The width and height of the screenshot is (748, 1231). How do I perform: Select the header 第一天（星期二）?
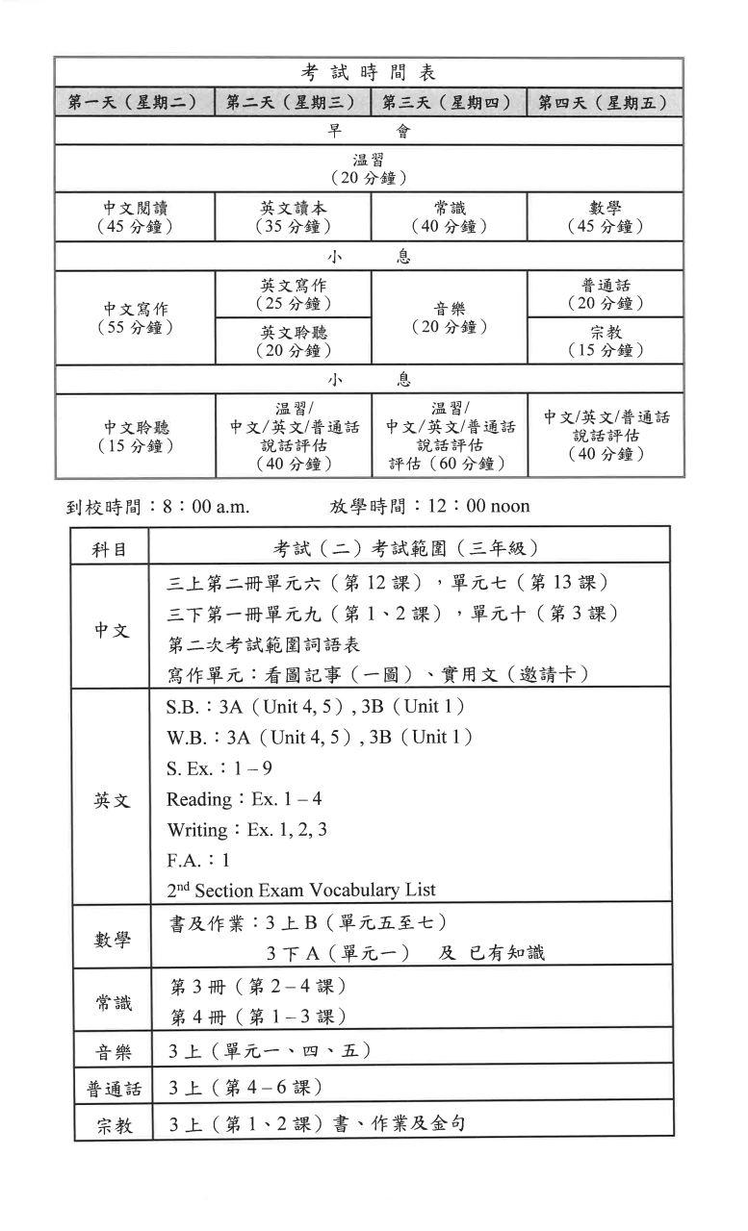tap(135, 103)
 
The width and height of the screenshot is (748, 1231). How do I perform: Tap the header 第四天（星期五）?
tap(604, 103)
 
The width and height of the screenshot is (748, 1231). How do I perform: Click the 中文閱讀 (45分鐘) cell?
tap(135, 216)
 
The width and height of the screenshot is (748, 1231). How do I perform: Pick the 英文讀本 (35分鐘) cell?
tap(293, 216)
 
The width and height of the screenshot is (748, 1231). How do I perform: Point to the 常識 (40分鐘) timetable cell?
tap(449, 216)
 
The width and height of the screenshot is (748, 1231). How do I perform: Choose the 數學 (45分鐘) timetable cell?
tap(605, 216)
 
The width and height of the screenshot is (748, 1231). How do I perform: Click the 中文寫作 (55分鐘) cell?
tap(135, 317)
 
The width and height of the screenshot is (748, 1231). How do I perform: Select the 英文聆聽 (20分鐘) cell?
tap(293, 340)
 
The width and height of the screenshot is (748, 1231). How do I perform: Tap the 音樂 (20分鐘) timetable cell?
tap(449, 317)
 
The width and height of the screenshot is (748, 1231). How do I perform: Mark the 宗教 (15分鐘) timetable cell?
tap(605, 340)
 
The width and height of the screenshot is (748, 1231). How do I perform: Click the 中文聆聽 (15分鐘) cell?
tap(135, 436)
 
